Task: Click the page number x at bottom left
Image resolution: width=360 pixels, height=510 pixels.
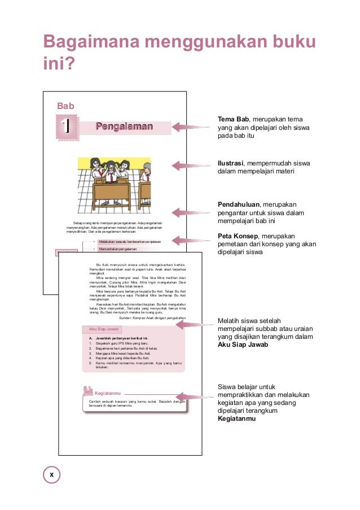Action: [x=51, y=474]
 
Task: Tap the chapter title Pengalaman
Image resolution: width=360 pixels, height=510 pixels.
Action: [x=124, y=126]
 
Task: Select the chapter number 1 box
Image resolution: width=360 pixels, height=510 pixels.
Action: [x=68, y=125]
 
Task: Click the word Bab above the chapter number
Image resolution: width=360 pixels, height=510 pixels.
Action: [x=66, y=106]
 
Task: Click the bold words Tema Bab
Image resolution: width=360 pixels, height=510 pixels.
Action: [x=234, y=119]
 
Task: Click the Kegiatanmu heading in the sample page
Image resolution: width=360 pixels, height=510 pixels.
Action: [x=108, y=393]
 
